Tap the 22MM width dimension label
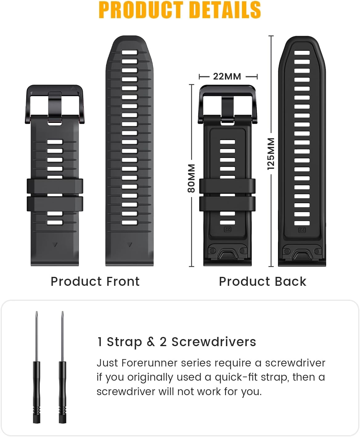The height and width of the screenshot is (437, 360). [227, 76]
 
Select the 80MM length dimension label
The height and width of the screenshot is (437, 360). [191, 178]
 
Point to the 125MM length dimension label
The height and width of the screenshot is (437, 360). [271, 154]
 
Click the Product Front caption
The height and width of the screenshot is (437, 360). [95, 281]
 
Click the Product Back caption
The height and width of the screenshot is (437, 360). [263, 281]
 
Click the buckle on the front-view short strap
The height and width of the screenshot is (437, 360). [55, 103]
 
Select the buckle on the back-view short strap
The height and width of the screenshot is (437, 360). [227, 103]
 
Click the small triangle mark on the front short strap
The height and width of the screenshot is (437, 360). [55, 245]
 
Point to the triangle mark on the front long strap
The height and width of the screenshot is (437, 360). [130, 245]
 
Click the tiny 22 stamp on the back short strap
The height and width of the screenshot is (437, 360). [227, 229]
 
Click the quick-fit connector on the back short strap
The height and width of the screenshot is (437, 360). [227, 254]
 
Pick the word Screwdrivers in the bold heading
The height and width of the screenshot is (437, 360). [214, 342]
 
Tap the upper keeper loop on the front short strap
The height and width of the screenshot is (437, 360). [55, 186]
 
